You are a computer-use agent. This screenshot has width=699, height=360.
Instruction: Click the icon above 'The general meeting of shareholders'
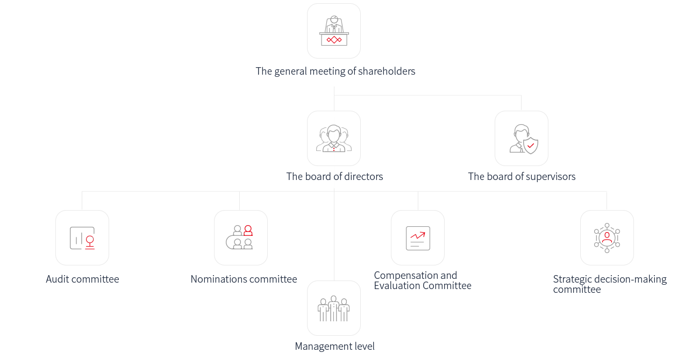point(334,31)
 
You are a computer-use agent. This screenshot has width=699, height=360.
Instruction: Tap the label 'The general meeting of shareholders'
point(335,71)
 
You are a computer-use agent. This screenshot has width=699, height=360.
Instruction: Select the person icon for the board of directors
point(334,139)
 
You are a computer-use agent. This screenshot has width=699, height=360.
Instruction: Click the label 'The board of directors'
point(334,176)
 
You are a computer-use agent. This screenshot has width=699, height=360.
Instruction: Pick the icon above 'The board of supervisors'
point(524,139)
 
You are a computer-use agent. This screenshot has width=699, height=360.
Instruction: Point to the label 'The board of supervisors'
point(522,177)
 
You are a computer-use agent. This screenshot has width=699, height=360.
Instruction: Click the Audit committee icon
point(82,238)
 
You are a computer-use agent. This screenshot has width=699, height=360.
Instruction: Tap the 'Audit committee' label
point(82,279)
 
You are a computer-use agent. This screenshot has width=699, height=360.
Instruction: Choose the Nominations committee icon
point(239,237)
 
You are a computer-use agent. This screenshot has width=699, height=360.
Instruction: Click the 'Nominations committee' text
point(244,279)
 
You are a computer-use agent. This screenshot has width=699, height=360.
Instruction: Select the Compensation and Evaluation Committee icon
point(418,238)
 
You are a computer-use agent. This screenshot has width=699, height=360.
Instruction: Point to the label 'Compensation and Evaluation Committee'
point(422,280)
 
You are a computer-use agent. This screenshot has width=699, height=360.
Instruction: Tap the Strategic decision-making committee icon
point(607,238)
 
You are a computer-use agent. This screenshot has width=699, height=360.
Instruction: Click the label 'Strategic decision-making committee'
point(609,284)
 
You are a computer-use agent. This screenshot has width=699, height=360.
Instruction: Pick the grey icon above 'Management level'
point(333,308)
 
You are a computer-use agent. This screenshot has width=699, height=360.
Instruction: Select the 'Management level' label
point(334,347)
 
